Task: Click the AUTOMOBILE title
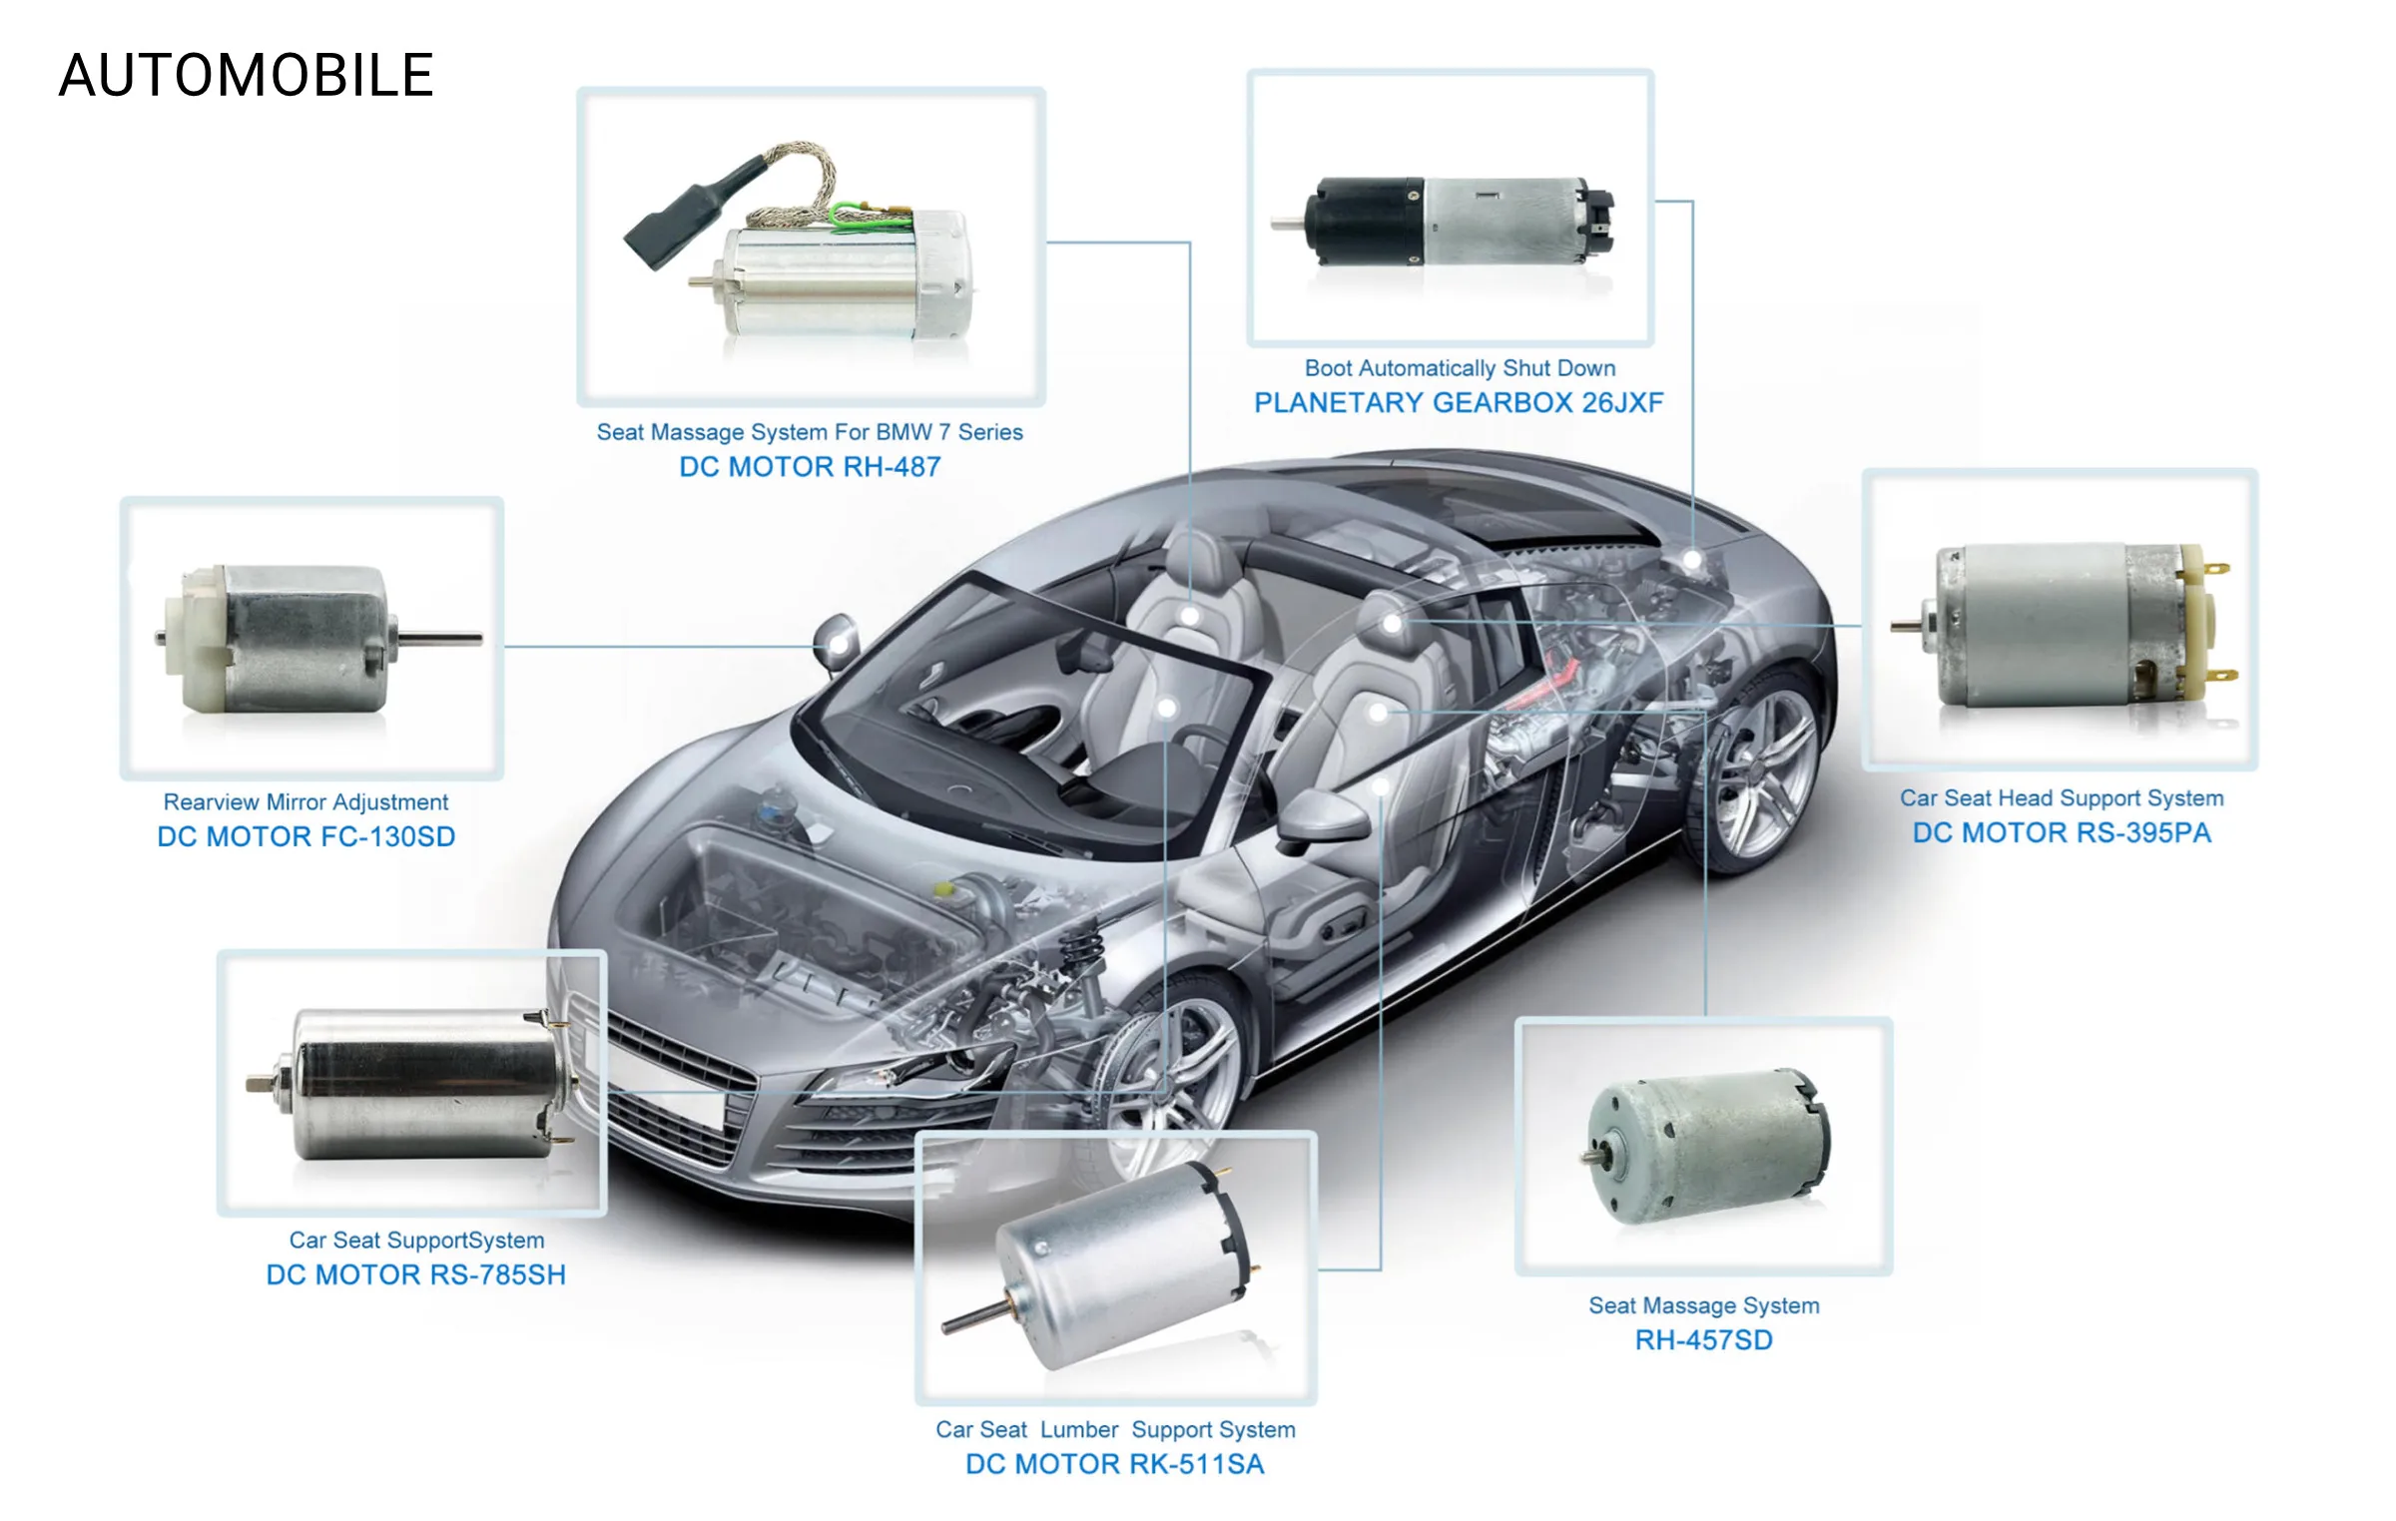(247, 75)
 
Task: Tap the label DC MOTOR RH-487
(810, 467)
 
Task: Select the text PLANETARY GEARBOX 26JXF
(1459, 403)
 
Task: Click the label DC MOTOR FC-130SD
(306, 836)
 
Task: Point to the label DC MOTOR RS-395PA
(2062, 833)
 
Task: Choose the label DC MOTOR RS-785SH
(416, 1275)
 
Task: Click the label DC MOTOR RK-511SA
(1115, 1465)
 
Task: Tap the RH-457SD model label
(1704, 1340)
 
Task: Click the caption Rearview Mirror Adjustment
(305, 802)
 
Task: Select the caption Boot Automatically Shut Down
(1460, 368)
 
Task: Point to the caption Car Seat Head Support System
(2062, 798)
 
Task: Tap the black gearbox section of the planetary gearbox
(1364, 222)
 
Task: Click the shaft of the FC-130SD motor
(440, 637)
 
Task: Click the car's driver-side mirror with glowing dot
(837, 642)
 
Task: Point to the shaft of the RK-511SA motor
(979, 1315)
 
